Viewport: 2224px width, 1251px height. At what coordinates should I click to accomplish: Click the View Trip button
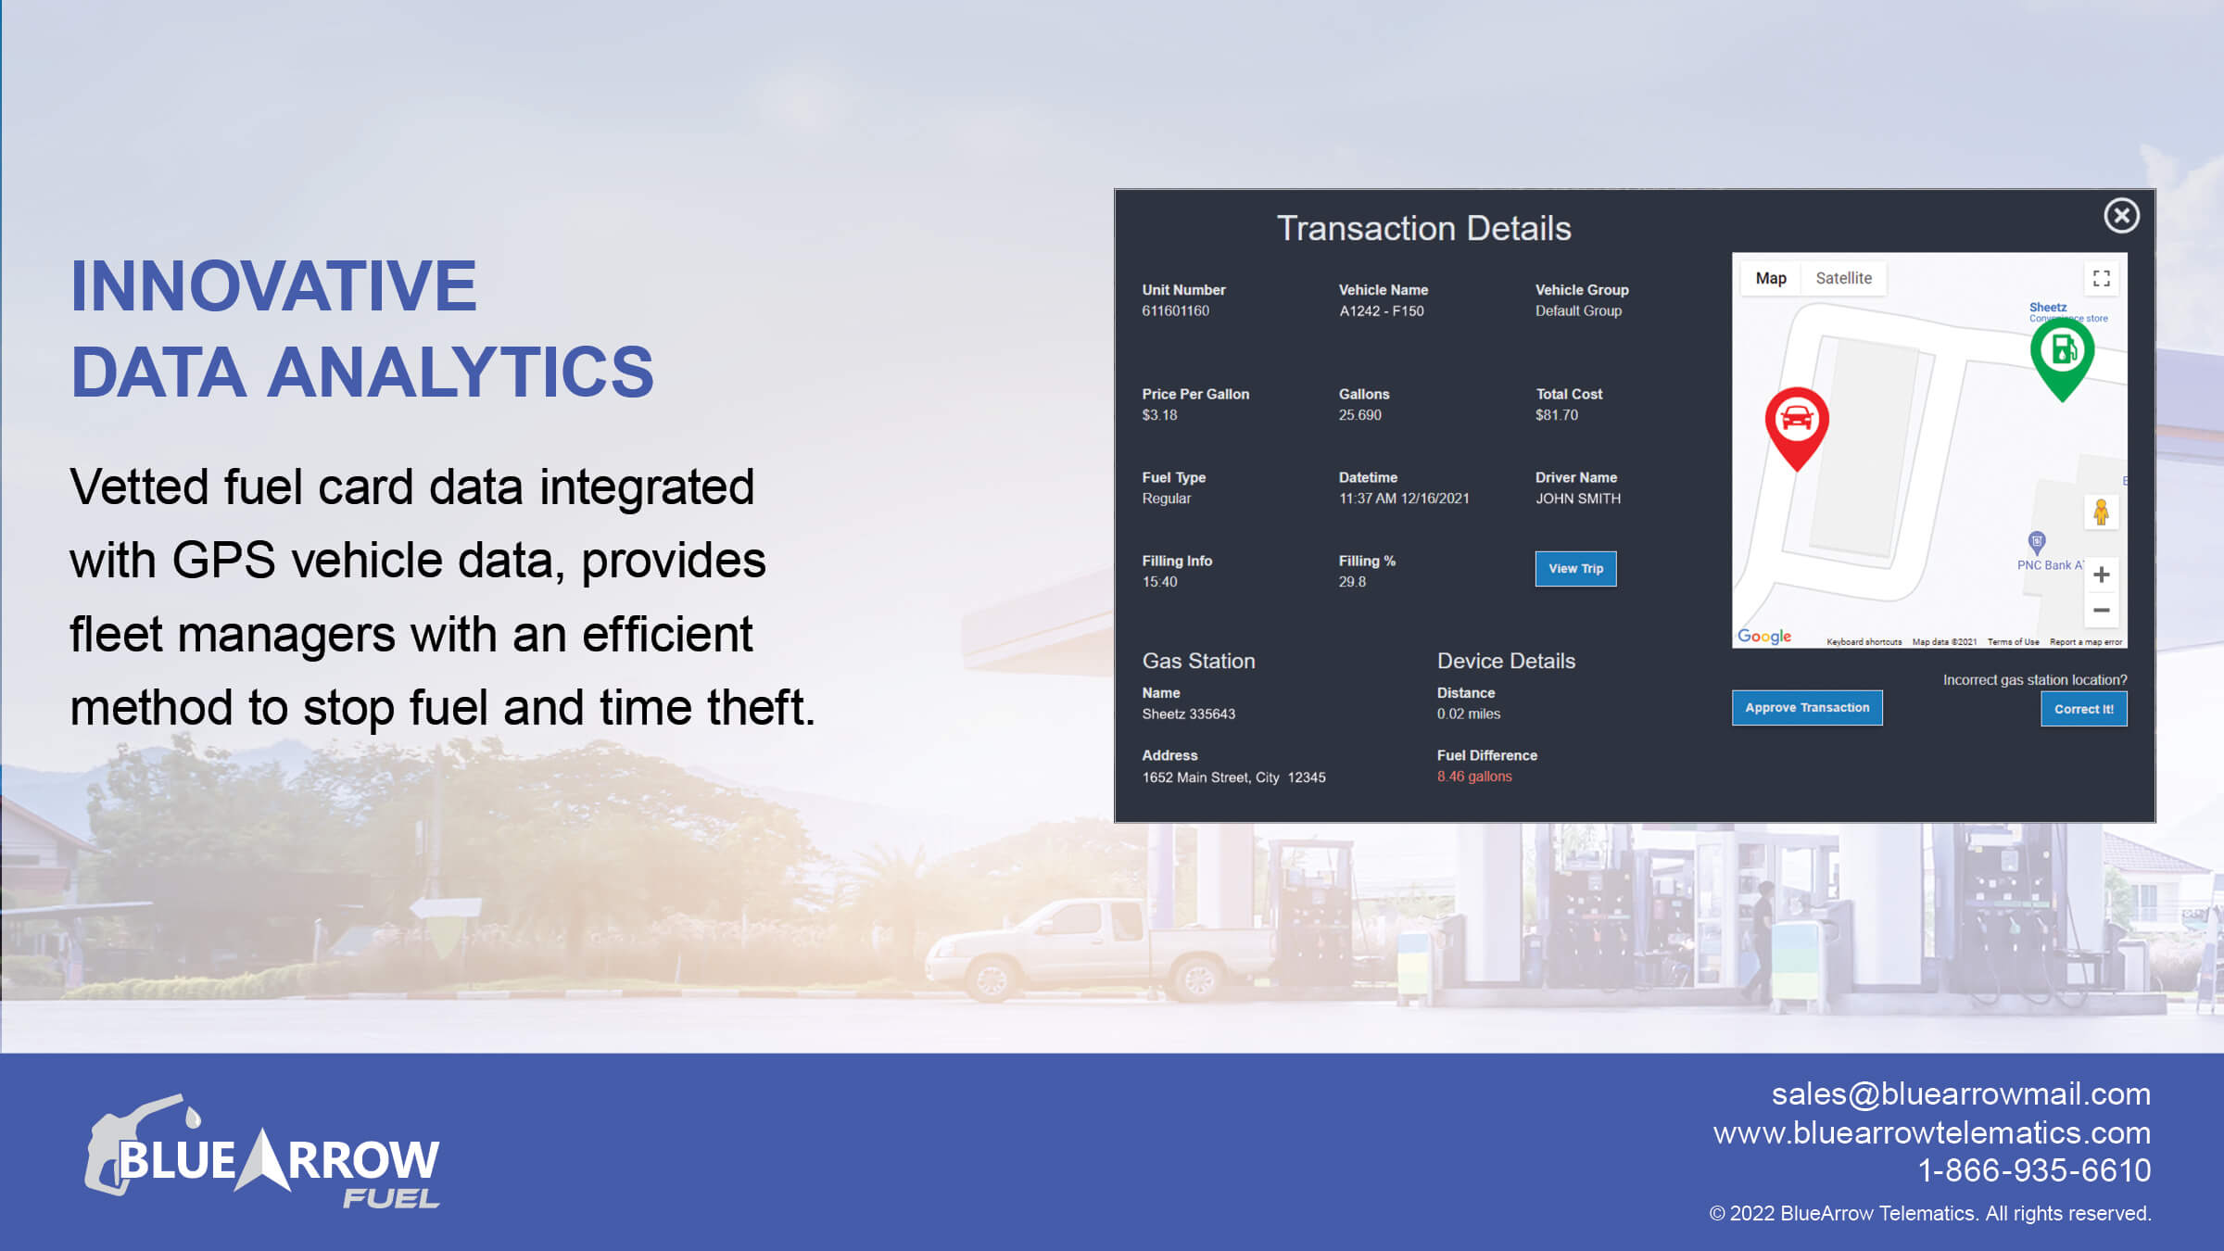1575,568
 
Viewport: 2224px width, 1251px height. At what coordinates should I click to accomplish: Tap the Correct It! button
2083,709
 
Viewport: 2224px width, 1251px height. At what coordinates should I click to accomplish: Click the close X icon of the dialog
2121,216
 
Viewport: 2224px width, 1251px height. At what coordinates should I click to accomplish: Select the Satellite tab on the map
1843,278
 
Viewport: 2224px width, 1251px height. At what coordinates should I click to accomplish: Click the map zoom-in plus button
2102,575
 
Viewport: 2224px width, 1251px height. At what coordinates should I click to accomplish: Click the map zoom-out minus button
2102,610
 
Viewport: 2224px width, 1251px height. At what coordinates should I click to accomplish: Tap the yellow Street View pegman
2101,512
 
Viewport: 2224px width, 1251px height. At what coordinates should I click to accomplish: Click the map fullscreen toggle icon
2102,278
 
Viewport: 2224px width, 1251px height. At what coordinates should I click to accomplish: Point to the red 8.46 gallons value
1474,777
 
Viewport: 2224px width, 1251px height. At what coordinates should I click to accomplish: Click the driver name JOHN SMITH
1578,499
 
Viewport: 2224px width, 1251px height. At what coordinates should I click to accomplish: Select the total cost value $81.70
1557,415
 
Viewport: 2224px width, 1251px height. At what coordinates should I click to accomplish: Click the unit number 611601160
1175,310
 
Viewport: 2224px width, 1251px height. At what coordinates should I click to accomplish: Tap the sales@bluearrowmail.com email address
1961,1094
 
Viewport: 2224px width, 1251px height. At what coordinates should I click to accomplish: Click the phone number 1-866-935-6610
2034,1170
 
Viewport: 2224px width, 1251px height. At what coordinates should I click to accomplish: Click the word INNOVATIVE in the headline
274,286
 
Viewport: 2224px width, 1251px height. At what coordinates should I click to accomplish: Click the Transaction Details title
1424,228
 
